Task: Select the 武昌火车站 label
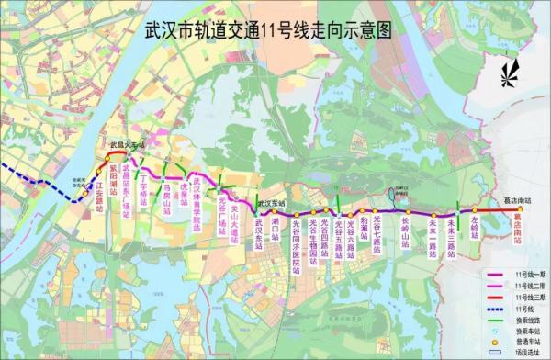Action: pos(123,145)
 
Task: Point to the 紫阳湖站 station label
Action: pos(112,194)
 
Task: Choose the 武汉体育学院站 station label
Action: pos(197,204)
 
